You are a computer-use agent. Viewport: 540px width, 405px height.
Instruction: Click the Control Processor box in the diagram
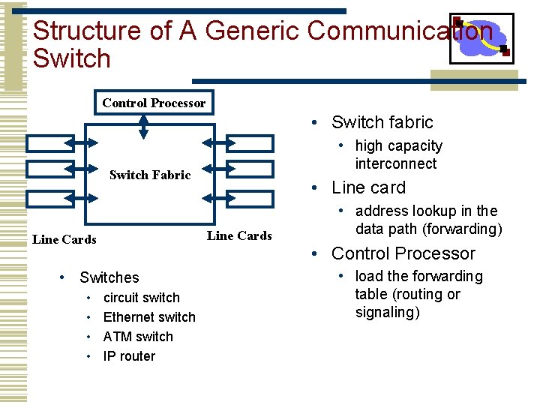point(154,103)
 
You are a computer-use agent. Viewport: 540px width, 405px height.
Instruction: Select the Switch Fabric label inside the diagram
point(150,175)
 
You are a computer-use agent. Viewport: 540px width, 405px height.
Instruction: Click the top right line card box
point(250,143)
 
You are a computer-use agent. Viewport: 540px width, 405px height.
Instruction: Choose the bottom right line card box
point(250,198)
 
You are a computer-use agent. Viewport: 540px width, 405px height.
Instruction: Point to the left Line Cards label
point(64,239)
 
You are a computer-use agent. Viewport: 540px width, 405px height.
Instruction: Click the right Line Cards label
point(239,235)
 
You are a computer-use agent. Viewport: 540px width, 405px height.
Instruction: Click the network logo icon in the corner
point(481,38)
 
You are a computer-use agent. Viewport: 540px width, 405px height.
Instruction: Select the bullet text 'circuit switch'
point(141,298)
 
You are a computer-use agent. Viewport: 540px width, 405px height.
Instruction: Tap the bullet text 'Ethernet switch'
point(148,317)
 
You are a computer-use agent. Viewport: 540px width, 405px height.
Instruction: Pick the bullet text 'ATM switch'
point(138,337)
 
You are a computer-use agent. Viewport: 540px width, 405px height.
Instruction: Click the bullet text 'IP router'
point(129,356)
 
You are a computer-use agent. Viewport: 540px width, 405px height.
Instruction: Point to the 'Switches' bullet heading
point(109,277)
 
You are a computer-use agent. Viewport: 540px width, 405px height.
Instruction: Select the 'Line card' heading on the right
point(368,187)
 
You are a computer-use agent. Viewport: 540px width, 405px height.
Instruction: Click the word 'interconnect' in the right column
point(395,163)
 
